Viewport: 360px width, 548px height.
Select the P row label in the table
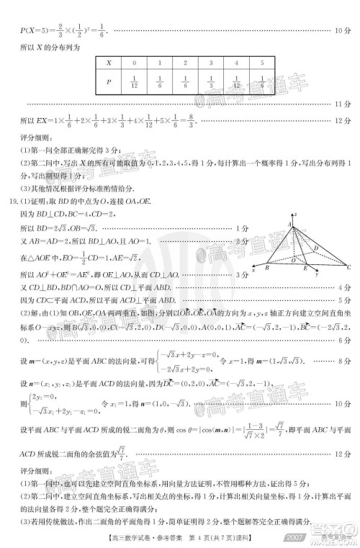(x=109, y=82)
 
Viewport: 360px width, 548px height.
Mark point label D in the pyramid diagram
(x=315, y=248)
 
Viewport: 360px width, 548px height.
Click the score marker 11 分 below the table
(x=343, y=105)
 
